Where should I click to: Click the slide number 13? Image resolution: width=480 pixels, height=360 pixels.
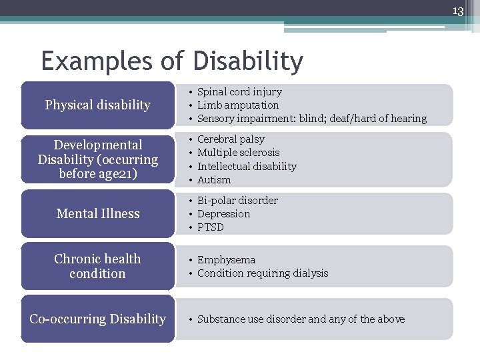point(458,11)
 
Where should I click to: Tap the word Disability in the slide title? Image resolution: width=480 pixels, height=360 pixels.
point(248,61)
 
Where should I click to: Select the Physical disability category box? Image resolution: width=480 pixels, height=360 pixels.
point(97,105)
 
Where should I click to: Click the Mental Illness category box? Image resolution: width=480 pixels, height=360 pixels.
point(97,214)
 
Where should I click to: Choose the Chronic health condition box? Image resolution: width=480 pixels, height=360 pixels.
point(97,266)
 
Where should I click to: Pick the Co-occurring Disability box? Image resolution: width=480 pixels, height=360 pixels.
point(97,319)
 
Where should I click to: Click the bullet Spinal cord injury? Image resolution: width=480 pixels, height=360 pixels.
point(239,92)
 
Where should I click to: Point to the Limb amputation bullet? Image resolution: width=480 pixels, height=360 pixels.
point(238,105)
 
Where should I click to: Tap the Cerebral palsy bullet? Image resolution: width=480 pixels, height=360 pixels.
point(231,139)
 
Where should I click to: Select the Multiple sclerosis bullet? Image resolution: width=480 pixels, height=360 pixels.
point(238,153)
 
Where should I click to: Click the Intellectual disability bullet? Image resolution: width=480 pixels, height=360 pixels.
point(247,167)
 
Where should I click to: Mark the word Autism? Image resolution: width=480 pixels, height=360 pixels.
point(214,180)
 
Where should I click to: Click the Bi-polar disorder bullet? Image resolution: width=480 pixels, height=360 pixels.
point(237,201)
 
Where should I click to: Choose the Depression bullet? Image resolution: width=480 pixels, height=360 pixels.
point(223,214)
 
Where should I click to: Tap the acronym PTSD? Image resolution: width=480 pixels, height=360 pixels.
point(211,227)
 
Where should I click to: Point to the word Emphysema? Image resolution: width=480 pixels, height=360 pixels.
point(226,260)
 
